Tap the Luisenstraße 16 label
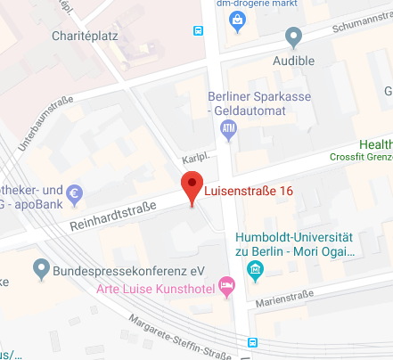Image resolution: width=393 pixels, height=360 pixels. click(249, 191)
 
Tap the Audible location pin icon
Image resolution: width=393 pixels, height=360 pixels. click(293, 37)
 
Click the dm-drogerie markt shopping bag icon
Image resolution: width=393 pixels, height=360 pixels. click(236, 24)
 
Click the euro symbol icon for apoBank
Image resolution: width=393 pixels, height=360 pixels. click(75, 192)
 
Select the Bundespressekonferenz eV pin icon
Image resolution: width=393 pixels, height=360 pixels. click(40, 266)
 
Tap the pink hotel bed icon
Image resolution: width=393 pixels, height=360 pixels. click(227, 287)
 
